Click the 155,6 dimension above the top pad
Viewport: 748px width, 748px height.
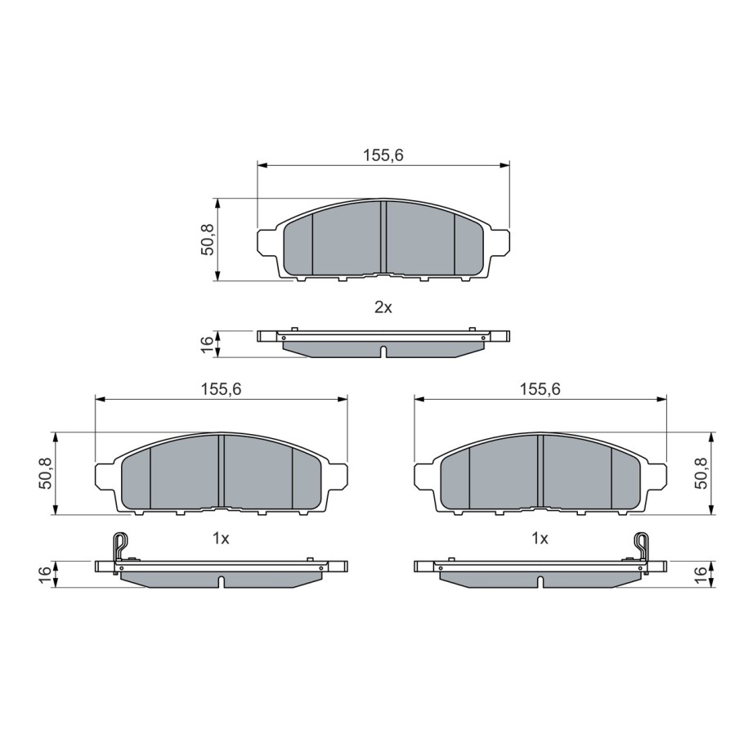383,155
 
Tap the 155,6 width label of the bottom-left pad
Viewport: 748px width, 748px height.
222,389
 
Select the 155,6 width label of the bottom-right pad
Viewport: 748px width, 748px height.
540,389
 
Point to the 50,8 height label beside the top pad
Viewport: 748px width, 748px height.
208,240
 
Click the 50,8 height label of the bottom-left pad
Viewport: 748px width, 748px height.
47,473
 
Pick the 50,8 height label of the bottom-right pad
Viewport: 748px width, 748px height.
701,473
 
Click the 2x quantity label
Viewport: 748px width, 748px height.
383,307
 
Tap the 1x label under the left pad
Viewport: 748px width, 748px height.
221,539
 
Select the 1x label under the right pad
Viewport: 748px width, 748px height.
540,539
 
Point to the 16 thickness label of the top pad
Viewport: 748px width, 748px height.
208,344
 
